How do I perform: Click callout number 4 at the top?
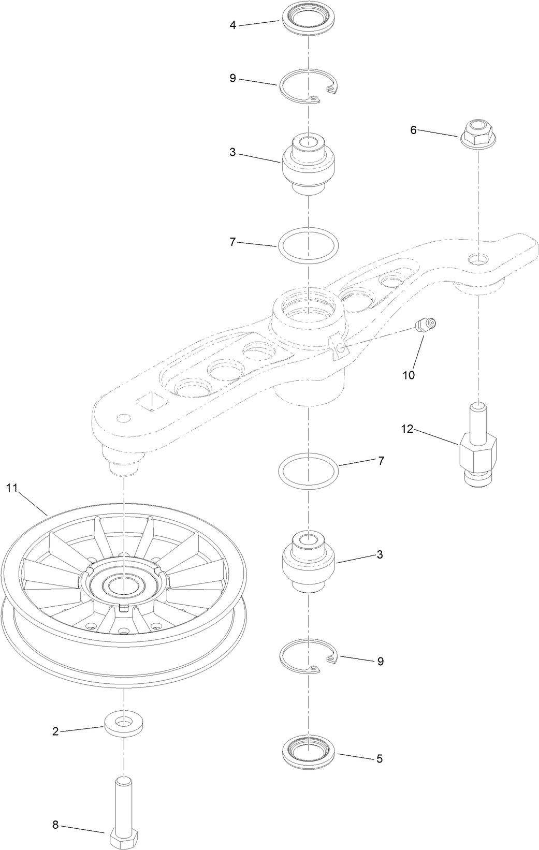(x=233, y=25)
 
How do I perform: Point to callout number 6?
(x=413, y=129)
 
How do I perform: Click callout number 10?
(x=409, y=375)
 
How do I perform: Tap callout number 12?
(x=407, y=429)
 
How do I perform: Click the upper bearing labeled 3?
(x=309, y=163)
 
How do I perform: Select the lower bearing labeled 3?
(x=309, y=561)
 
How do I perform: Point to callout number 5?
(x=379, y=758)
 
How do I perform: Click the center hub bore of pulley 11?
(x=123, y=586)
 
